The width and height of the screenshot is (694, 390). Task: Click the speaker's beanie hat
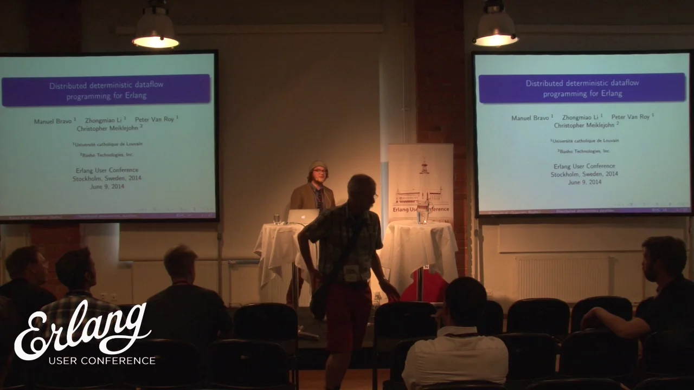click(318, 165)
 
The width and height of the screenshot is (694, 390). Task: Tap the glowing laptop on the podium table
click(303, 217)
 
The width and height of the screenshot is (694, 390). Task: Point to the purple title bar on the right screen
click(582, 88)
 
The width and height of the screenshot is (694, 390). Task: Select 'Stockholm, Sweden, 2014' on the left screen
click(107, 178)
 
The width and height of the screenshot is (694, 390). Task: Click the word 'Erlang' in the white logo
click(81, 330)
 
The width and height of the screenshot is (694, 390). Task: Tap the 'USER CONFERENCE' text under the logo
click(102, 361)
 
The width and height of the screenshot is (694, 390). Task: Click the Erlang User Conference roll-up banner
click(421, 181)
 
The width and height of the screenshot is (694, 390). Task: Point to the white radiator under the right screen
click(564, 277)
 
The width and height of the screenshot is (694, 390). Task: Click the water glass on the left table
click(277, 219)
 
